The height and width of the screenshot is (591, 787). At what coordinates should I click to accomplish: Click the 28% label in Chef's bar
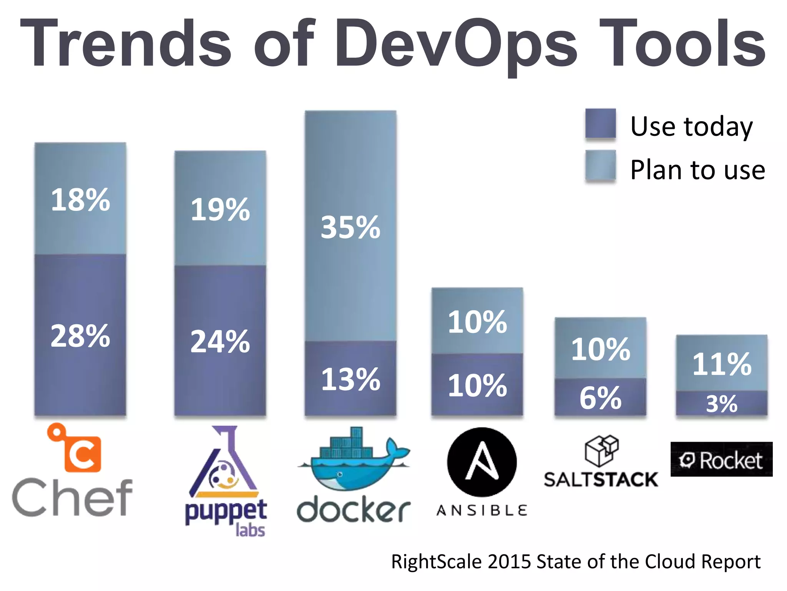(x=80, y=336)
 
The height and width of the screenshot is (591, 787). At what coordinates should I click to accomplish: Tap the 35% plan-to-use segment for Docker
(x=350, y=227)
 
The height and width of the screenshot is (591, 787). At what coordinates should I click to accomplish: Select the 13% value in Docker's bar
(x=350, y=379)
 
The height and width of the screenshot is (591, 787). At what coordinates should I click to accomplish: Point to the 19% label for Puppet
(x=220, y=210)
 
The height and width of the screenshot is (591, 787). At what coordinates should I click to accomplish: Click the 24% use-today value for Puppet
(x=220, y=341)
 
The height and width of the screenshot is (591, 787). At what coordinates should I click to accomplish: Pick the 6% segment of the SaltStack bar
(x=600, y=398)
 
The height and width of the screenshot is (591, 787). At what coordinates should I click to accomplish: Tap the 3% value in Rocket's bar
(x=722, y=404)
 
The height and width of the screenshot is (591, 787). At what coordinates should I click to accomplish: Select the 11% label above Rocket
(x=722, y=364)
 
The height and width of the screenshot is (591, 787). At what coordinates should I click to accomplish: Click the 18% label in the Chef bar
(x=80, y=200)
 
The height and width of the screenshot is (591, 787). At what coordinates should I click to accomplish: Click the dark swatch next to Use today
(x=600, y=123)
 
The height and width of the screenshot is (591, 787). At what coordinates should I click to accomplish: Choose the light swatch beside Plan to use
(x=600, y=165)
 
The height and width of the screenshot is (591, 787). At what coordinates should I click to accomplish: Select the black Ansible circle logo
(x=482, y=462)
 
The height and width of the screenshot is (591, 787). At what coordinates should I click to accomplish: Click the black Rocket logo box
(x=721, y=459)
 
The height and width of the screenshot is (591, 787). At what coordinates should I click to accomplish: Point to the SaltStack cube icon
(x=601, y=450)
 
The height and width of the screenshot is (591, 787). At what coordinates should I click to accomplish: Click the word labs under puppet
(x=250, y=530)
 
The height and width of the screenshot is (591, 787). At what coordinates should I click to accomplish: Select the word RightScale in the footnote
(x=436, y=562)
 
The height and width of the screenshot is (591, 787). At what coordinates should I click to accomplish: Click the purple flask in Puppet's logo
(x=224, y=462)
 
